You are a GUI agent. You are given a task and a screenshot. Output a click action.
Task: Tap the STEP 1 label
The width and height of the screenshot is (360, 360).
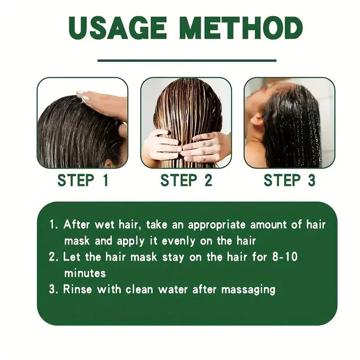[x=83, y=180]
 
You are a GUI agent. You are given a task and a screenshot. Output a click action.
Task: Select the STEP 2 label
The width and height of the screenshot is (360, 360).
[x=186, y=180]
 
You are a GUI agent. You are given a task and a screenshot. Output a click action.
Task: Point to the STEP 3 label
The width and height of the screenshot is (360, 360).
[x=289, y=180]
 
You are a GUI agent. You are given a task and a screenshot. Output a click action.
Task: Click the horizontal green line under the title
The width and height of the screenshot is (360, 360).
[x=187, y=60]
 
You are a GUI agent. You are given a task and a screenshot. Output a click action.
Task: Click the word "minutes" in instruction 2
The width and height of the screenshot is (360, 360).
[x=85, y=273]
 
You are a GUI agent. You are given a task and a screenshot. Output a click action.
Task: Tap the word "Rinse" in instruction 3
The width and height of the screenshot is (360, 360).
[x=76, y=289]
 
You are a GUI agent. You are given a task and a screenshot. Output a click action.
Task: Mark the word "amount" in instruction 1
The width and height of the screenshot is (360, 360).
[x=279, y=224]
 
